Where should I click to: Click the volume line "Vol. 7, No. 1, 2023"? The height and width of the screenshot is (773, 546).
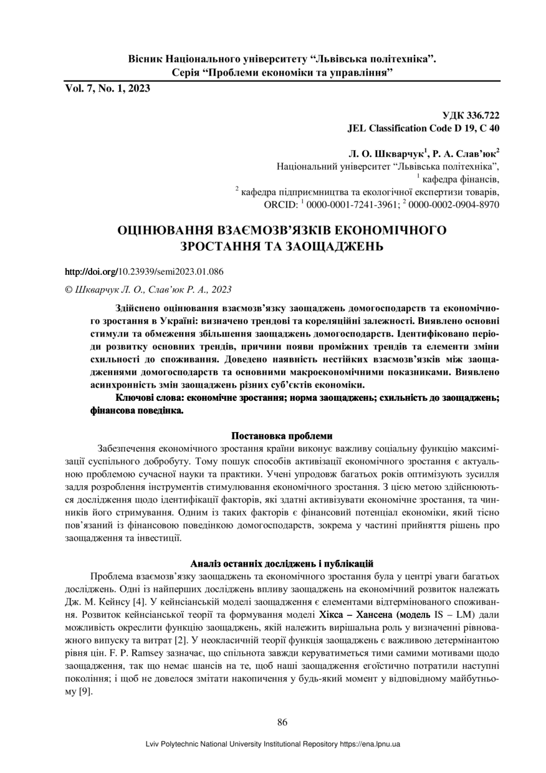click(107, 89)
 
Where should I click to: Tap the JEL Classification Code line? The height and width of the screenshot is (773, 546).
click(423, 128)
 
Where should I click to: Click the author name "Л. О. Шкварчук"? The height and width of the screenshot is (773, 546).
click(386, 153)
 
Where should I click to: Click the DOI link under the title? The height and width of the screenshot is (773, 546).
click(145, 272)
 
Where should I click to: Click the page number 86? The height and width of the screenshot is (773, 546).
click(282, 723)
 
